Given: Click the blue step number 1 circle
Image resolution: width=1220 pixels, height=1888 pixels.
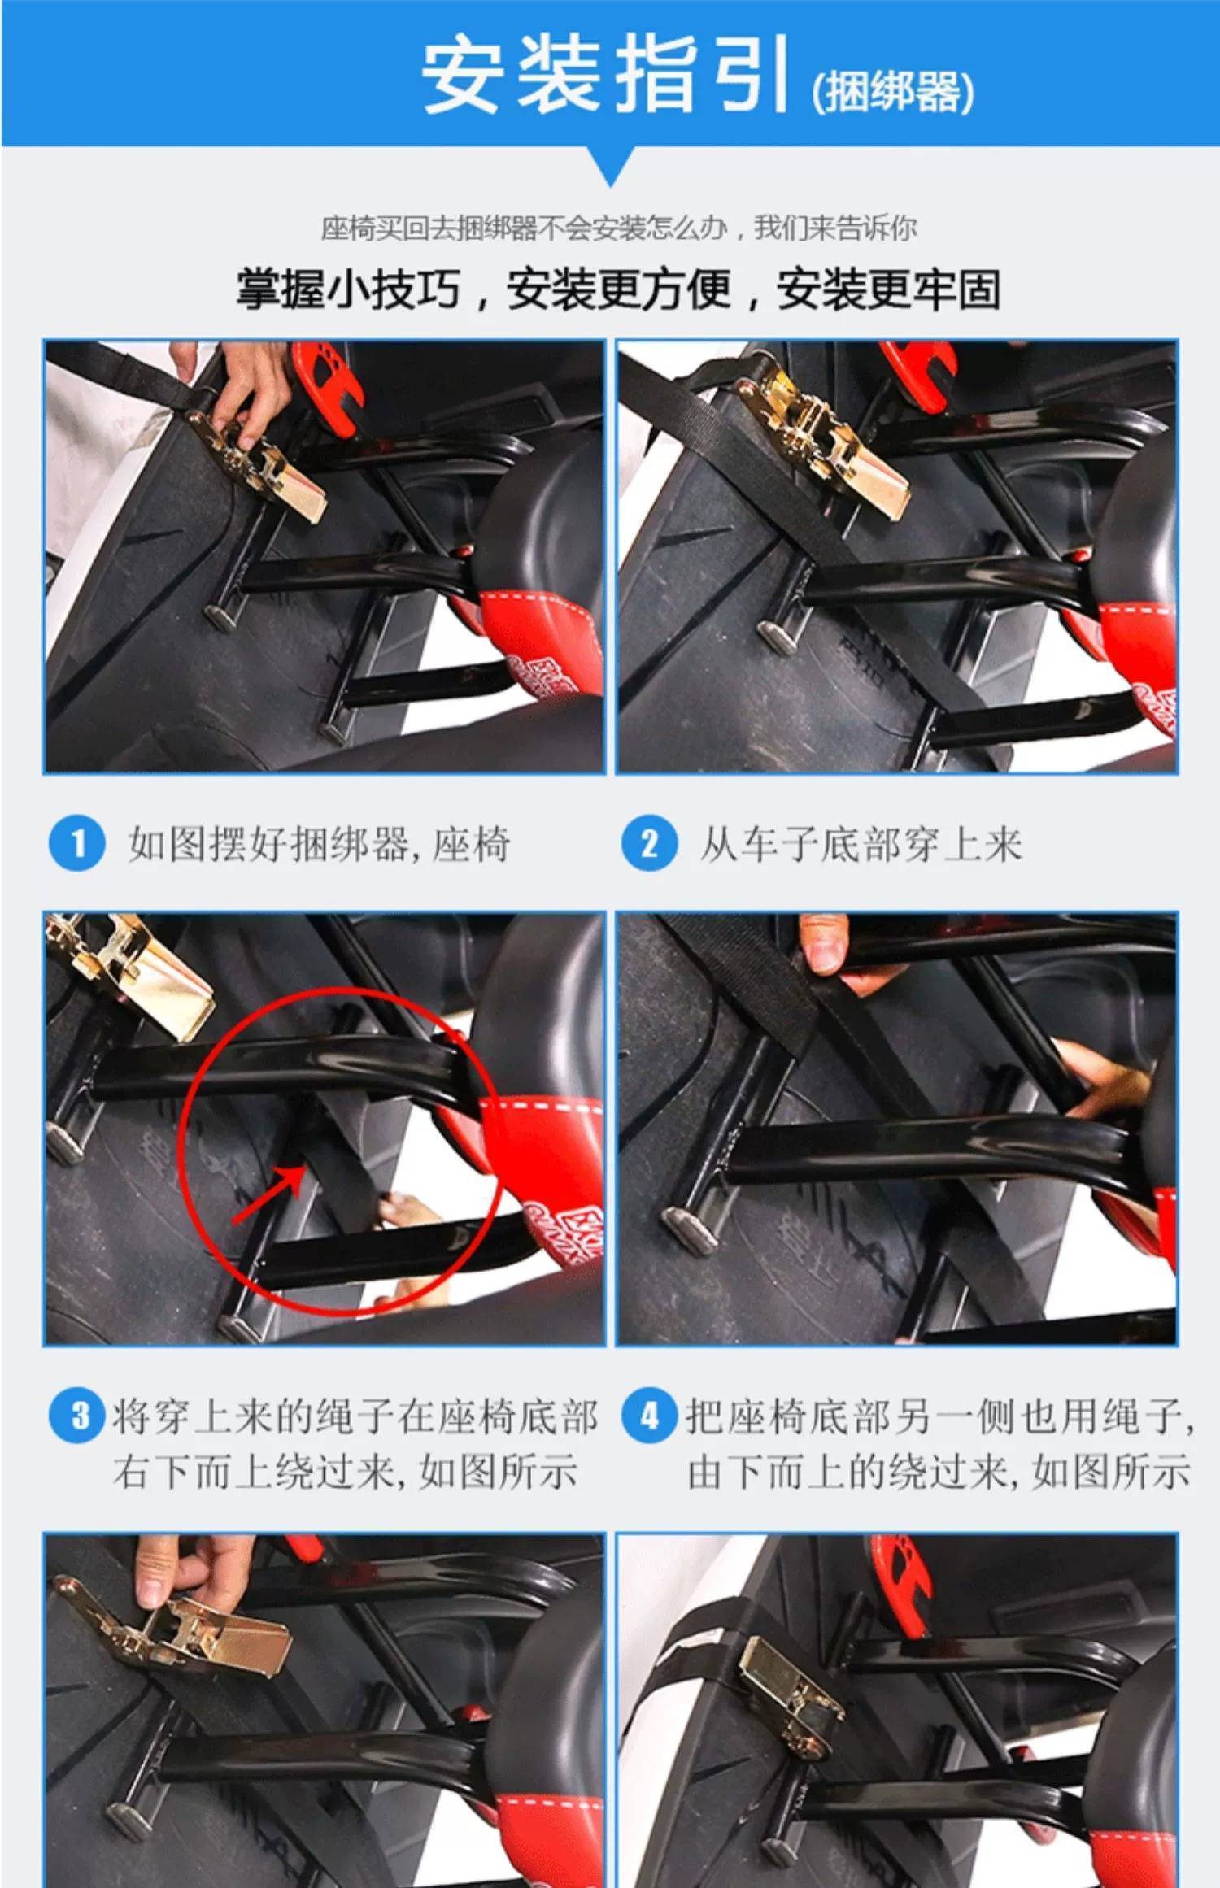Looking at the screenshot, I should [x=77, y=843].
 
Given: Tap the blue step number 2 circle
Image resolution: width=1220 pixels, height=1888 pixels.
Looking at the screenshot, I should [x=649, y=843].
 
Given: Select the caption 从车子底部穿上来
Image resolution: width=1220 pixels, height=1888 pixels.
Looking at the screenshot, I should [x=861, y=844].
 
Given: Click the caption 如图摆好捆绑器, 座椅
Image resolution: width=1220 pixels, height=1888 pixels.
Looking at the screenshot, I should [x=319, y=844].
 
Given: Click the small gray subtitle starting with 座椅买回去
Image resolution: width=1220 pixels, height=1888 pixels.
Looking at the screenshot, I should [x=618, y=228].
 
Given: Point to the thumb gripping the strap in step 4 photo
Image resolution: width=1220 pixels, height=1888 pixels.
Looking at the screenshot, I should [x=823, y=943].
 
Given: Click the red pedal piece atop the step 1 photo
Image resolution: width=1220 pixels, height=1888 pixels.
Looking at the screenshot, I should [x=329, y=382].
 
